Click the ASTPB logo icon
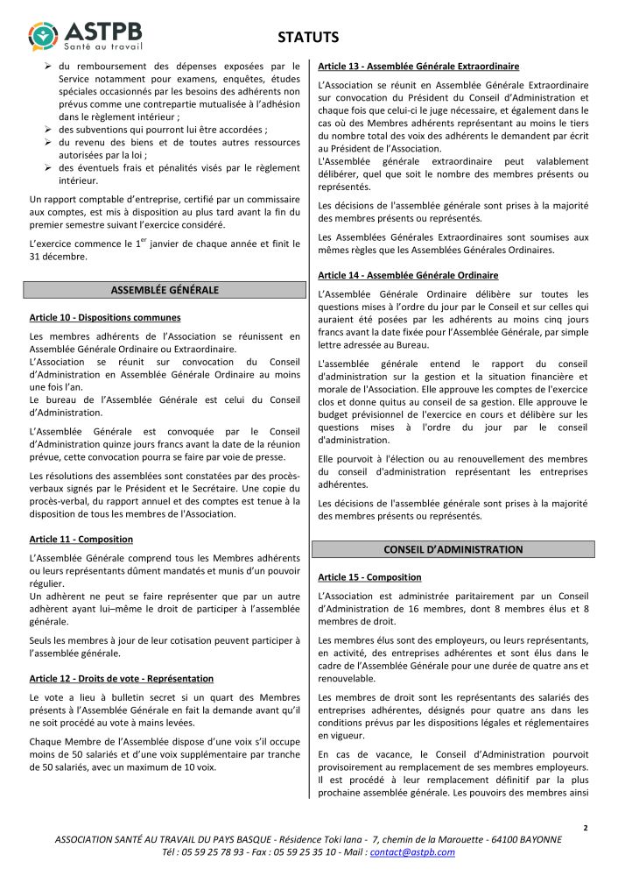coord(45,34)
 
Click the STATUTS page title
coord(307,37)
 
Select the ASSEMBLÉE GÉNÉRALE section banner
coord(165,290)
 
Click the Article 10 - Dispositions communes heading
coord(105,317)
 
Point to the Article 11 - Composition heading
coord(81,540)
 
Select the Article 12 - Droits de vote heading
coord(121,678)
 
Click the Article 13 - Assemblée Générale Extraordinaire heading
coord(418,67)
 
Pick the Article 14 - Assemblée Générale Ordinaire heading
coord(408,274)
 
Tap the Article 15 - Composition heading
coord(369,577)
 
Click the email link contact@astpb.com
coord(412,851)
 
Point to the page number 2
coord(585,827)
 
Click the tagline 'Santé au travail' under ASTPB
coord(103,46)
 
